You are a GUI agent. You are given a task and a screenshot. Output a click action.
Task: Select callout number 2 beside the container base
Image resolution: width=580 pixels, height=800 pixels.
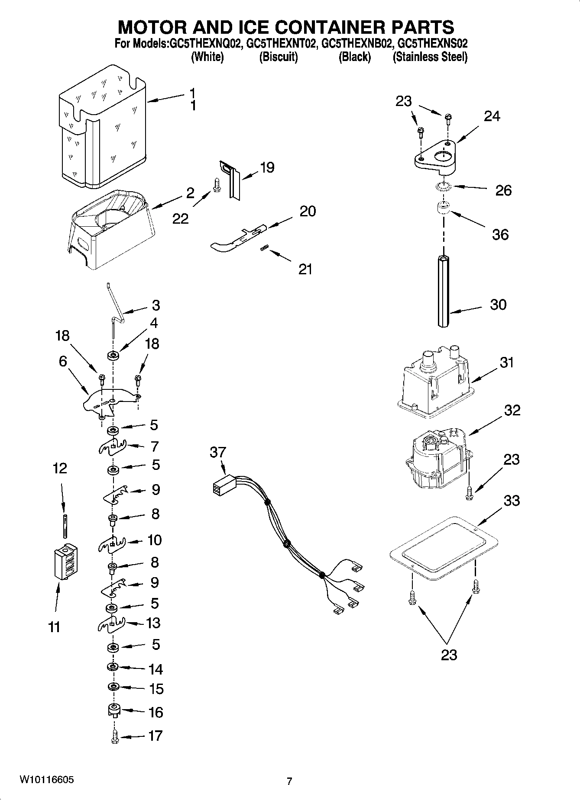[x=190, y=193]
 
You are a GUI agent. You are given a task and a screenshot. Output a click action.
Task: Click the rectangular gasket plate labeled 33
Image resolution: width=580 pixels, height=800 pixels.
[x=444, y=548]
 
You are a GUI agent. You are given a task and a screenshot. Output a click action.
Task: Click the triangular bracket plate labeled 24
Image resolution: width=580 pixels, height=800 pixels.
[x=435, y=156]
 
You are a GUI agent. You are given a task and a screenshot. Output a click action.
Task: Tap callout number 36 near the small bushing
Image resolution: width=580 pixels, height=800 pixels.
[x=500, y=235]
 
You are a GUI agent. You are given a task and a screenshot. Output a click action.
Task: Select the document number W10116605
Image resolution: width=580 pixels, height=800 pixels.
[x=46, y=780]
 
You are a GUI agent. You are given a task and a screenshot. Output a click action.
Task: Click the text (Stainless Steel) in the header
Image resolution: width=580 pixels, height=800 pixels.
[x=430, y=57]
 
